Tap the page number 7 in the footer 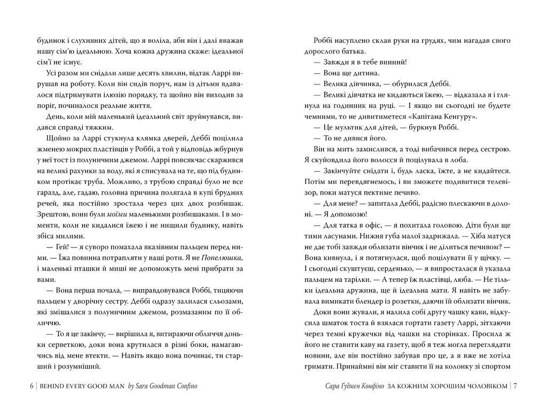[x=515, y=386]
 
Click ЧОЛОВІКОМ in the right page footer [x=479, y=386]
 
